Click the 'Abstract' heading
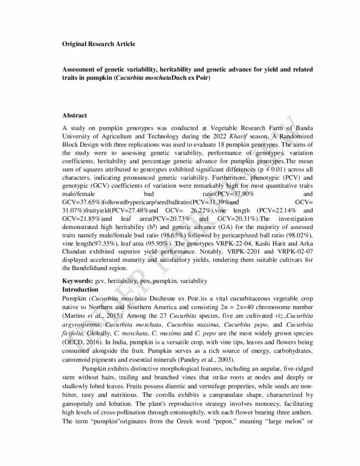(75, 116)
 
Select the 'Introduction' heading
(80, 289)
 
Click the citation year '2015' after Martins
(115, 315)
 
